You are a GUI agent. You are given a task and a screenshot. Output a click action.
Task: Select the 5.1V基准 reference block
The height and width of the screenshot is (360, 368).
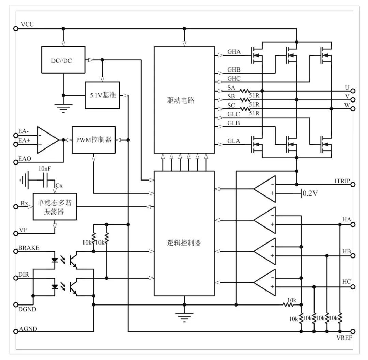(102, 95)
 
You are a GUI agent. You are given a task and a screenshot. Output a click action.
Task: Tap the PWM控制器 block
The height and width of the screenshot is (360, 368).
(94, 140)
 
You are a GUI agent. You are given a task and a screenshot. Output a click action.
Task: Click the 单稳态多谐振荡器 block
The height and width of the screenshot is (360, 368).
(55, 207)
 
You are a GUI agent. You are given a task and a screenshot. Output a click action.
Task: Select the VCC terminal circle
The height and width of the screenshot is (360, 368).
(15, 29)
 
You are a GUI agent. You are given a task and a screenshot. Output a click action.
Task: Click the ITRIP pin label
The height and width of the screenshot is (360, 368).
(342, 181)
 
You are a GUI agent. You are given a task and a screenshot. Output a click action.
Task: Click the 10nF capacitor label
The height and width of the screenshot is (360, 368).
(45, 169)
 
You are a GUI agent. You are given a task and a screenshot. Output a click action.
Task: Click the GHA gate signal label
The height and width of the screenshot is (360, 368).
(234, 52)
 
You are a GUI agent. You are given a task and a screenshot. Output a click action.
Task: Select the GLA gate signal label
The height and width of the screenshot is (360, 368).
(234, 141)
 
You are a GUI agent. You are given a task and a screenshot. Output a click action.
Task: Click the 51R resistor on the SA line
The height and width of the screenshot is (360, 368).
(245, 91)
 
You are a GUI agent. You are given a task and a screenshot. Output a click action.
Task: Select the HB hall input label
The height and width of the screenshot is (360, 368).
(347, 251)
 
